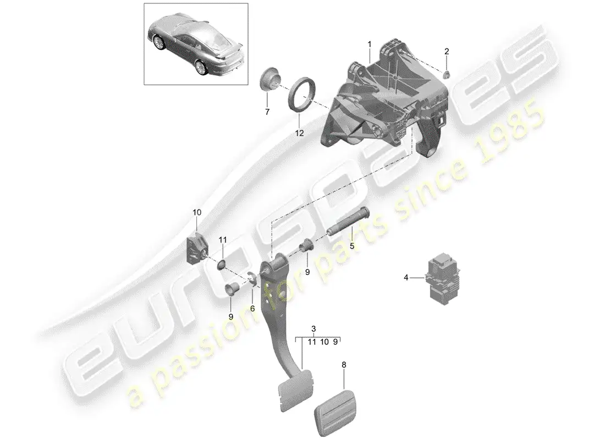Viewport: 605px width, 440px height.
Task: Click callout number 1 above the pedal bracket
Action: coord(369,45)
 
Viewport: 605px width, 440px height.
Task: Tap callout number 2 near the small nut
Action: coord(447,51)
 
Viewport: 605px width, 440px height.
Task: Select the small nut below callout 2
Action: coord(447,74)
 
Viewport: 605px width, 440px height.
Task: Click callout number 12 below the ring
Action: coord(299,133)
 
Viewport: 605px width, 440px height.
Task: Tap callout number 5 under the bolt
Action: coord(351,245)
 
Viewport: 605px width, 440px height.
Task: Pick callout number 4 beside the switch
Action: coord(406,278)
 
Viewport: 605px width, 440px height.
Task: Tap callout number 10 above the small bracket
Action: coord(197,212)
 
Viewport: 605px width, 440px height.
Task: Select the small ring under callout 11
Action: coord(222,265)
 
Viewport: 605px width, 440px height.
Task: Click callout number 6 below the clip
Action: coord(252,309)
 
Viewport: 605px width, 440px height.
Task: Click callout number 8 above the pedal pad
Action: coord(344,365)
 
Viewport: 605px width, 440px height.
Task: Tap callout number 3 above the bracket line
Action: coord(313,329)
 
